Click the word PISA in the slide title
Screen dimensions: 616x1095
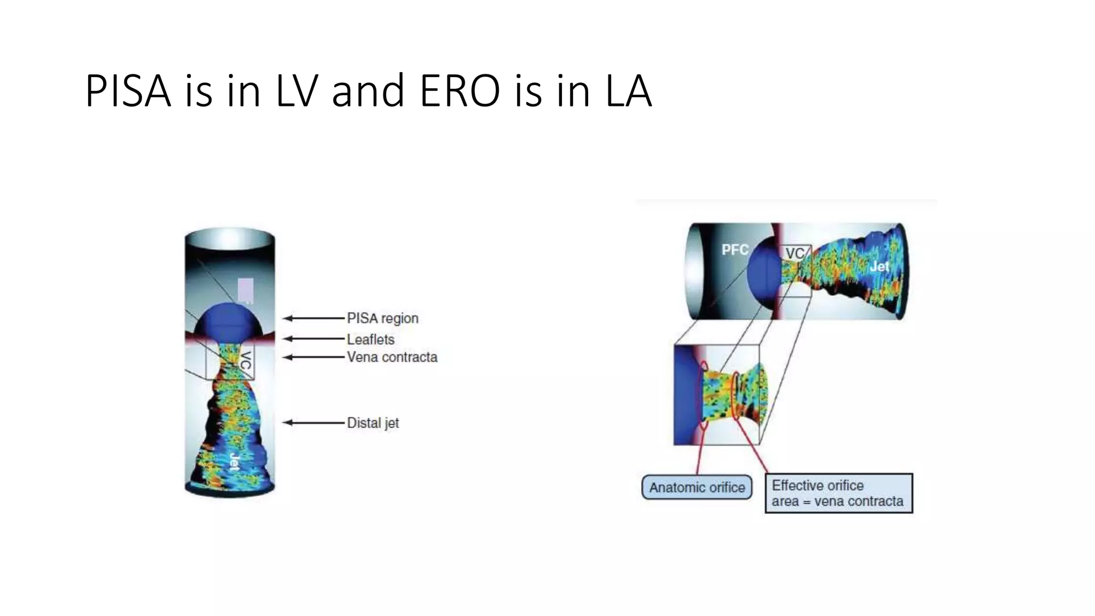point(128,91)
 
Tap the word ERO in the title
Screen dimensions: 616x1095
point(460,91)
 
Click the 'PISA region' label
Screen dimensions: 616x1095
point(382,318)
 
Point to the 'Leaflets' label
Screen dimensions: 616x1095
point(371,339)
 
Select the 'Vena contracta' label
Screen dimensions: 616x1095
point(392,357)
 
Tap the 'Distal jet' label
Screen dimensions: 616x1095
point(373,423)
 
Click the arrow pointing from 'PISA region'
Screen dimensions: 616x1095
point(313,318)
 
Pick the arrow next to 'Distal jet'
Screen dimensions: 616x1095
point(313,422)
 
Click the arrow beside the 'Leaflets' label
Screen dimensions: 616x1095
point(313,338)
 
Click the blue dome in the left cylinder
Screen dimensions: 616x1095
point(228,320)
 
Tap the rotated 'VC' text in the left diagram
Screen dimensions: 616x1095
point(245,361)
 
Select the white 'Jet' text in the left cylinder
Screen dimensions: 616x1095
point(234,461)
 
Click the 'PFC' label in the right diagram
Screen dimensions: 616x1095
point(735,250)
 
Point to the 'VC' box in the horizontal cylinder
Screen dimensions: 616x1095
point(795,253)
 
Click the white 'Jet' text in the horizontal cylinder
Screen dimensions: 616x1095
point(880,266)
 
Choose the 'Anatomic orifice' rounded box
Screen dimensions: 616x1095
point(697,487)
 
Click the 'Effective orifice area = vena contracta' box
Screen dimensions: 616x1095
point(838,493)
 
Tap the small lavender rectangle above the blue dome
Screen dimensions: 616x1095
point(246,290)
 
